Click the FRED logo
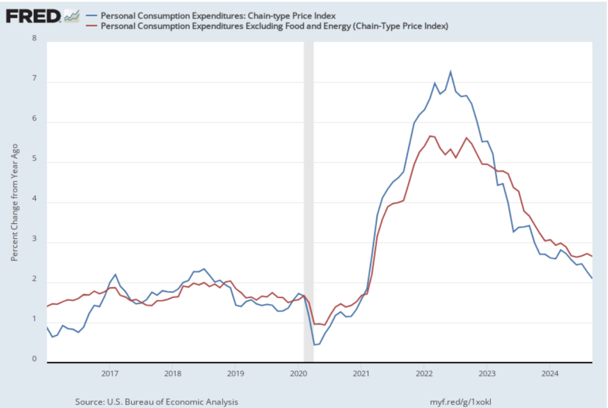click(x=33, y=15)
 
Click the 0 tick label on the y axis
click(x=33, y=359)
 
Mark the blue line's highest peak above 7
click(x=450, y=72)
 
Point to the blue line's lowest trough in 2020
click(x=314, y=344)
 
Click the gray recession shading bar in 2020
click(x=308, y=202)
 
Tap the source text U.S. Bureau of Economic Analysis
click(x=157, y=402)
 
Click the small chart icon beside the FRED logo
click(x=71, y=15)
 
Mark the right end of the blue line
click(x=592, y=278)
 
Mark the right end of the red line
click(x=592, y=256)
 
